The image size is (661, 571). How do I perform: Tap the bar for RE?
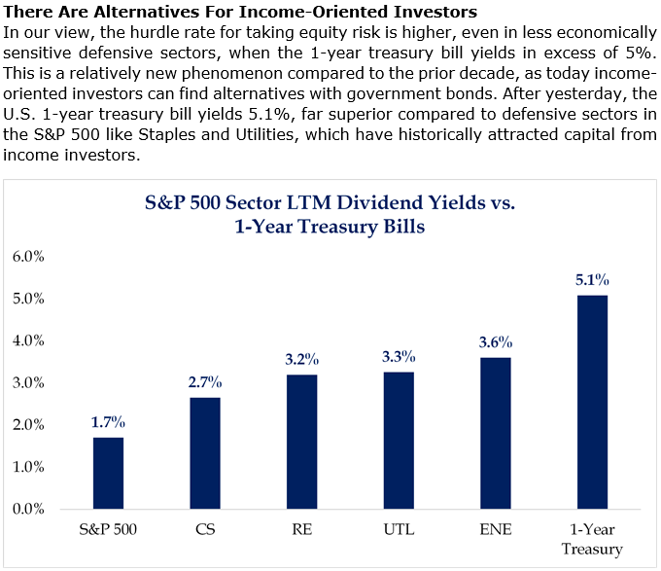(x=302, y=442)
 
